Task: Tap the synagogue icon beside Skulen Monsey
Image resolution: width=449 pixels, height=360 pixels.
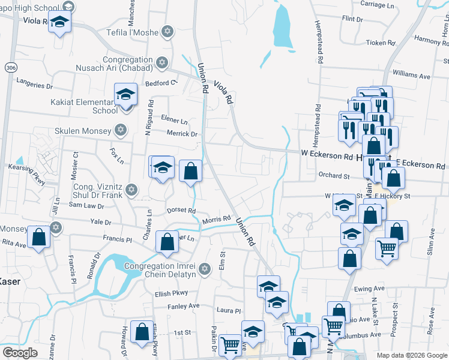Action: point(121,130)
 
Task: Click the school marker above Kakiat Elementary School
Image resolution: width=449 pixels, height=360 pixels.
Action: point(126,95)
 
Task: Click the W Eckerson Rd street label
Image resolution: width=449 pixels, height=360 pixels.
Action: point(327,155)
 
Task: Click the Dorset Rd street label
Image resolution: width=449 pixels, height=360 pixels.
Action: point(182,211)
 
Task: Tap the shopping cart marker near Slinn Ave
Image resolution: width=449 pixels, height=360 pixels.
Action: point(387,247)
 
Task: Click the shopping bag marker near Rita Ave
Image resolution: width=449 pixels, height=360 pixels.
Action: point(39,237)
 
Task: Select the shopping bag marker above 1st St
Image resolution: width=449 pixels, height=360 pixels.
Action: point(142,332)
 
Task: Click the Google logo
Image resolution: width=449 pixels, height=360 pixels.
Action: point(20,353)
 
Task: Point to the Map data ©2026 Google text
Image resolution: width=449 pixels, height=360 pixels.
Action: point(411,355)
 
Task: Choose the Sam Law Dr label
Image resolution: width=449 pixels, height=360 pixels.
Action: point(86,205)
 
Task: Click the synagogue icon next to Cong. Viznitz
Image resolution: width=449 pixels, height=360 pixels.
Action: point(131,191)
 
